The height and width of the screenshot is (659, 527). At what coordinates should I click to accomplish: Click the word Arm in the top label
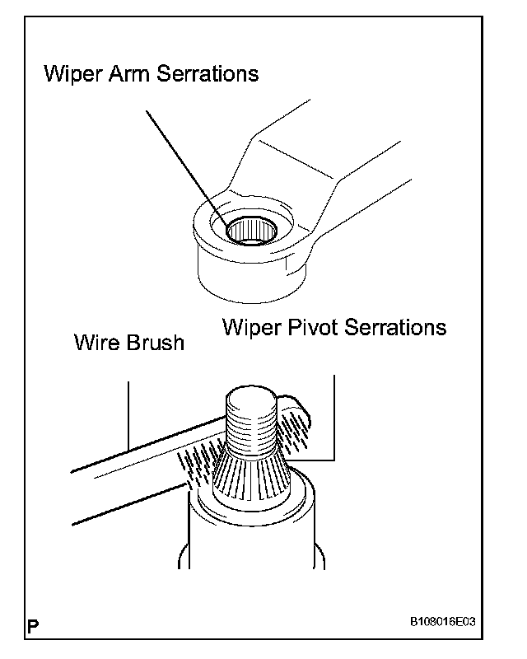128,74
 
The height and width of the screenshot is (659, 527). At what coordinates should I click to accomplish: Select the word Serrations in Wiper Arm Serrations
206,74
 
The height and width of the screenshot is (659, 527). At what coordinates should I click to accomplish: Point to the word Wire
96,342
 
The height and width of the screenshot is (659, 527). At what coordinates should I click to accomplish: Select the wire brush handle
124,474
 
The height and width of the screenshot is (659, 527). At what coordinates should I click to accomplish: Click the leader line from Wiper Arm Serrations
177,157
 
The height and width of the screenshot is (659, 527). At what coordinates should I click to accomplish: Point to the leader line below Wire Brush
129,412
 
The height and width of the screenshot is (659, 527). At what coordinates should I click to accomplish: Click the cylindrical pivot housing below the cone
251,535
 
